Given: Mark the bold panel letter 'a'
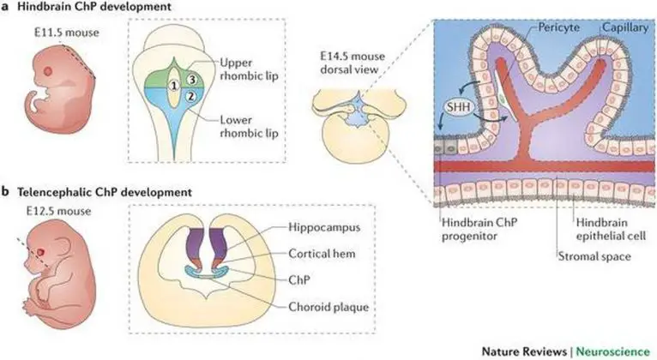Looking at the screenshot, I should coord(7,9).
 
